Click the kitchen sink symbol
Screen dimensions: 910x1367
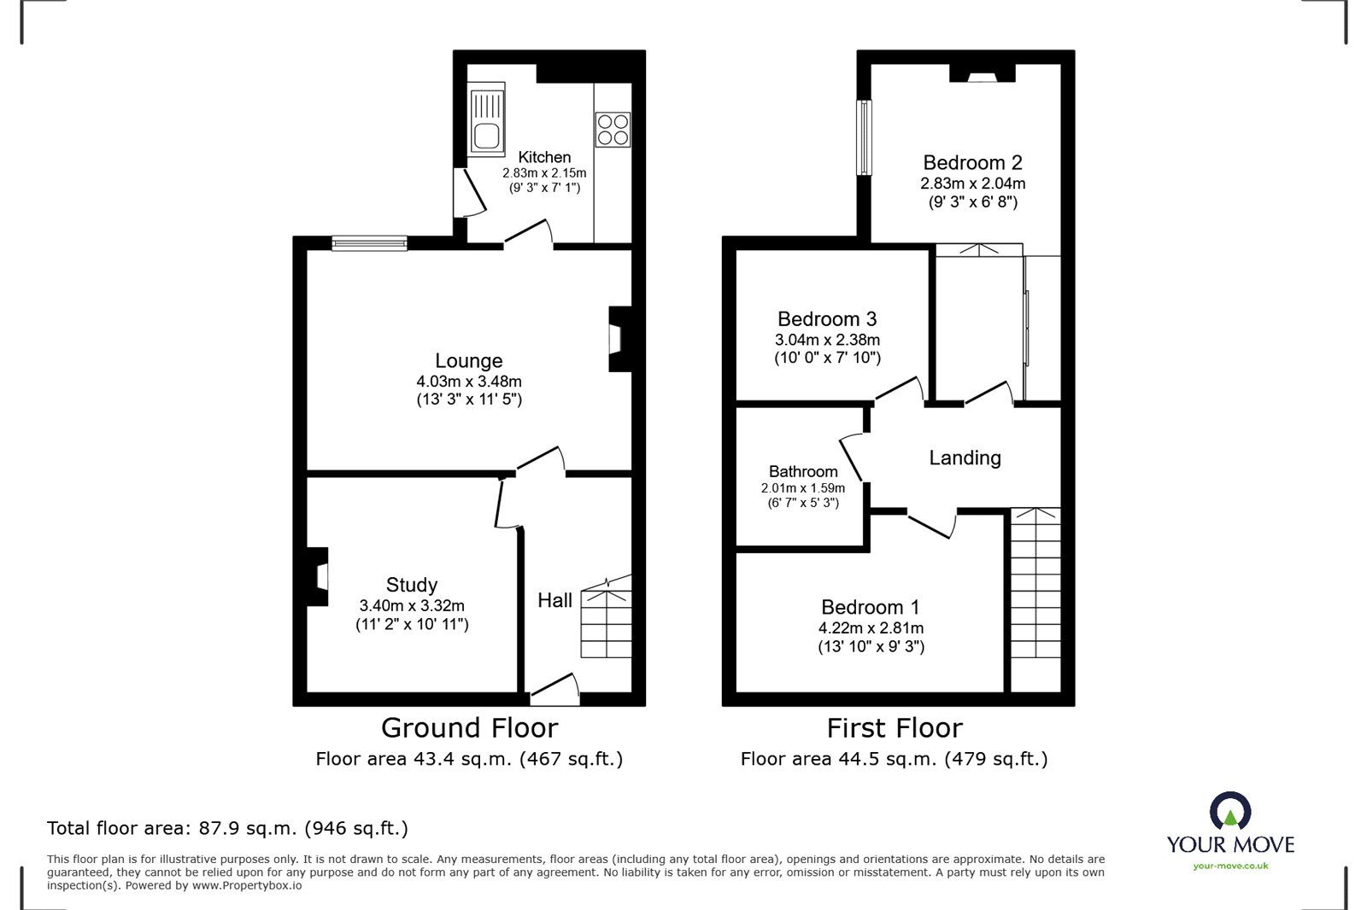pyautogui.click(x=486, y=119)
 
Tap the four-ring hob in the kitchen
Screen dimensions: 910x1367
pyautogui.click(x=613, y=130)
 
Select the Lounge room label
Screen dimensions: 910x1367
pyautogui.click(x=468, y=361)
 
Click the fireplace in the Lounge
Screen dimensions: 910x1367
pyautogui.click(x=618, y=339)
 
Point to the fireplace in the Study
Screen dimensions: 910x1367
pyautogui.click(x=318, y=577)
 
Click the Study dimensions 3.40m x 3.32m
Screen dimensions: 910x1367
pyautogui.click(x=412, y=605)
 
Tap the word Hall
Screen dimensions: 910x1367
pyautogui.click(x=554, y=601)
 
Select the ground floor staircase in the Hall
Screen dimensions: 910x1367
pyautogui.click(x=606, y=621)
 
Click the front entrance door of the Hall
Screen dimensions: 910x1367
pyautogui.click(x=554, y=690)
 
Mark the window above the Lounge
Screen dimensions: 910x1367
pyautogui.click(x=369, y=244)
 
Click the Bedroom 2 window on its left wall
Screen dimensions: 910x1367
pyautogui.click(x=865, y=137)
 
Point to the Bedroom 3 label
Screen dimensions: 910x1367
pyautogui.click(x=826, y=319)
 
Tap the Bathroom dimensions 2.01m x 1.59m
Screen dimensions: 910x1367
pyautogui.click(x=802, y=488)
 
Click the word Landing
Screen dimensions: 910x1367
pyautogui.click(x=965, y=458)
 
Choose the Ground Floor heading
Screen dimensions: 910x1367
pyautogui.click(x=469, y=728)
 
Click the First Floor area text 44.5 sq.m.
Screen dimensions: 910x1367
pyautogui.click(x=894, y=759)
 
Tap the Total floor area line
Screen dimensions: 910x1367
pyautogui.click(x=227, y=828)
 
